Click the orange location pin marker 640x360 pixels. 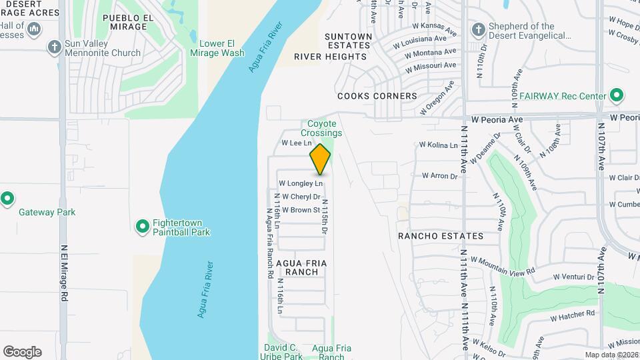(x=321, y=160)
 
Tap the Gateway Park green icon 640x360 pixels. (x=7, y=199)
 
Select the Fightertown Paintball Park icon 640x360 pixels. (x=142, y=227)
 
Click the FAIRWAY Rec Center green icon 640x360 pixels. (x=617, y=96)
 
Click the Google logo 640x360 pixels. (x=22, y=352)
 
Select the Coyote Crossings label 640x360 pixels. (x=325, y=128)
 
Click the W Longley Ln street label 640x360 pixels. (x=301, y=183)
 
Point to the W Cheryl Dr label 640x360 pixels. (x=301, y=197)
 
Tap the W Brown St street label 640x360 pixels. (x=301, y=210)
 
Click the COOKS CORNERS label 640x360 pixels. (x=377, y=96)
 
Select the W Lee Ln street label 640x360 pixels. (x=297, y=143)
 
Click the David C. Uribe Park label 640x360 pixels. (x=283, y=352)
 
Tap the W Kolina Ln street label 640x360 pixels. (x=438, y=145)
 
